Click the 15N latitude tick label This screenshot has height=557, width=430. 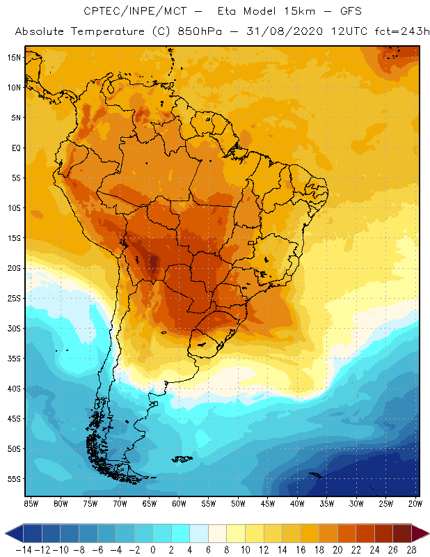[x=15, y=57]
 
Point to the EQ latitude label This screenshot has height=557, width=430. [x=15, y=148]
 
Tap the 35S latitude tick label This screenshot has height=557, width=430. [x=15, y=359]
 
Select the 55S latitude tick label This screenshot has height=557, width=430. [x=15, y=479]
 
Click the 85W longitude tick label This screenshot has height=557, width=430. [x=31, y=503]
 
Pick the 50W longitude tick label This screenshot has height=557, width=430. [x=239, y=503]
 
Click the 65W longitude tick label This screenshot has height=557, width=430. [x=150, y=503]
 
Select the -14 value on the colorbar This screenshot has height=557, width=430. [x=23, y=549]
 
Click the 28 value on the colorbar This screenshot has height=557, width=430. [x=411, y=549]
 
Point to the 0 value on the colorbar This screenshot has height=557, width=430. [x=152, y=549]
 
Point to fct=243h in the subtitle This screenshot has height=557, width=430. [x=395, y=32]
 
